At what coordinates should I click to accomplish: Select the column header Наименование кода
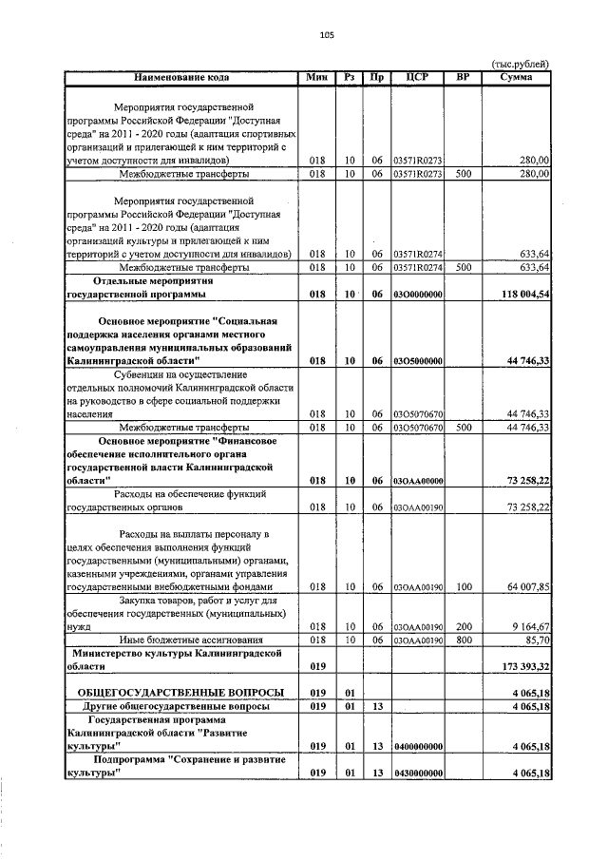(180, 76)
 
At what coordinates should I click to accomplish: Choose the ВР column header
(465, 76)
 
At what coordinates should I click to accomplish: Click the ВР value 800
(465, 641)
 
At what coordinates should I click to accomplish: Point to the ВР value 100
(465, 588)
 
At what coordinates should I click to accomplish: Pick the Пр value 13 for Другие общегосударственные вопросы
(377, 707)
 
